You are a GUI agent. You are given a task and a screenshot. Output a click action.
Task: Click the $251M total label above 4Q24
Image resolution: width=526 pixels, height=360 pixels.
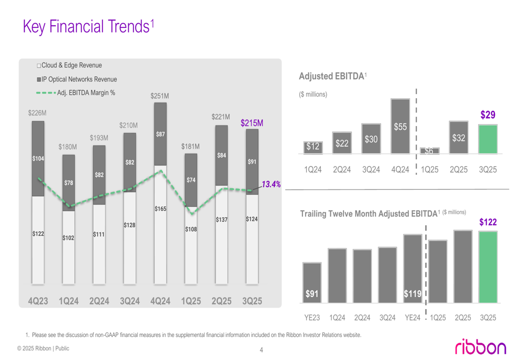coord(160,96)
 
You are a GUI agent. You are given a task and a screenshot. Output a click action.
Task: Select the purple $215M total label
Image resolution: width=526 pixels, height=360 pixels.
coord(251,123)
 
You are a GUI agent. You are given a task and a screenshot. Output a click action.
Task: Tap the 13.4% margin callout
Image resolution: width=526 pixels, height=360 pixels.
coord(271,184)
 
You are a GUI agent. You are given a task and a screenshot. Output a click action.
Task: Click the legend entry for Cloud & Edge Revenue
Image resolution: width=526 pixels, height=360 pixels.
coord(69,66)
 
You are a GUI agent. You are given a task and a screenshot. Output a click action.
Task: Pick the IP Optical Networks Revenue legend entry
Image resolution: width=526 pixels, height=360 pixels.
coord(77,79)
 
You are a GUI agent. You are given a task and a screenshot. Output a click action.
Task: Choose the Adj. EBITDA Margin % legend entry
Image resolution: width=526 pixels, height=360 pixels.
coord(76,93)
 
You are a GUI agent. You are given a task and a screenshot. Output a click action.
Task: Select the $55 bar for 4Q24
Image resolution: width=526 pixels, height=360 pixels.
coord(400,126)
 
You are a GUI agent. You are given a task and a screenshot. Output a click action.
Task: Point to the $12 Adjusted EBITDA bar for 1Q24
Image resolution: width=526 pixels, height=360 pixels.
coord(313,148)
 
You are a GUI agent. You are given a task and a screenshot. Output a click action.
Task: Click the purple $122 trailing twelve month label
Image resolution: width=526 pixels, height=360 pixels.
coord(488,223)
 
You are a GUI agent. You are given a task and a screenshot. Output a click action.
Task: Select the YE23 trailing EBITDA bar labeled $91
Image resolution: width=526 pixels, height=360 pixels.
coord(312,283)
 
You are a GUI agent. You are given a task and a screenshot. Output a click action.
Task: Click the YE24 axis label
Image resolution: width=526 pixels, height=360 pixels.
coord(413,317)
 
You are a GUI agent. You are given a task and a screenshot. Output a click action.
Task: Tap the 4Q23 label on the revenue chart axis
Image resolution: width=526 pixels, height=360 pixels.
coord(38,301)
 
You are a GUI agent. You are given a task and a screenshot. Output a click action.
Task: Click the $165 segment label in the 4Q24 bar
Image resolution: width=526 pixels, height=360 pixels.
coord(160,209)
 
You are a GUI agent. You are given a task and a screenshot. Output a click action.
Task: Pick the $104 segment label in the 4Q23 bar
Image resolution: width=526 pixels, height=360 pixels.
coord(38,158)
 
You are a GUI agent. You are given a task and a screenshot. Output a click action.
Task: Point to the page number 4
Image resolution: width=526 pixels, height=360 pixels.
coord(261,351)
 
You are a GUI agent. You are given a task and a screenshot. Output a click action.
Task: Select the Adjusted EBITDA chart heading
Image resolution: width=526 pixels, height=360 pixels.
coord(331,76)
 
